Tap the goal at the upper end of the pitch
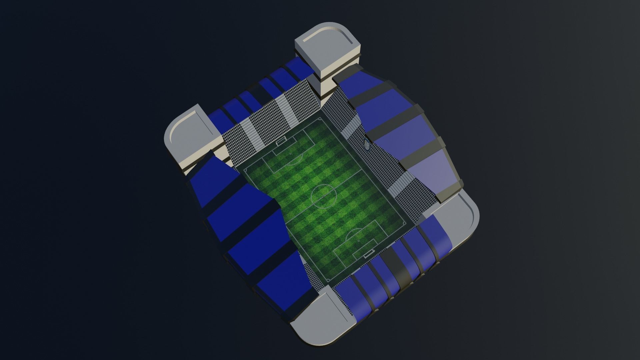pos(281,141)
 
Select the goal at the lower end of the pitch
pos(369,255)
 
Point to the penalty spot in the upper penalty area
pos(290,154)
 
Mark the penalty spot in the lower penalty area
pos(358,241)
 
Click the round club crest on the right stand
pos(367,145)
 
